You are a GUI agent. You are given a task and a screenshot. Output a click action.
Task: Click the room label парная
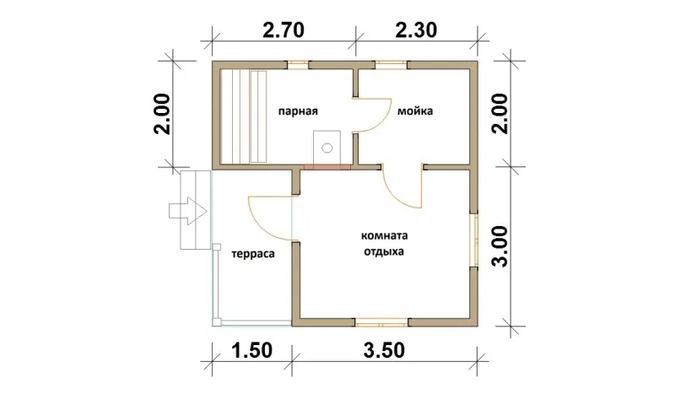(x=298, y=111)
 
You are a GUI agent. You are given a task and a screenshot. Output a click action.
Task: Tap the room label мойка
(x=415, y=111)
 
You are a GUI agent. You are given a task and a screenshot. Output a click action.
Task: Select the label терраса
(x=253, y=254)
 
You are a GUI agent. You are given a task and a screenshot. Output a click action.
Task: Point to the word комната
(x=385, y=236)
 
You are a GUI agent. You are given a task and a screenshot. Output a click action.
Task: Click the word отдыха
(x=384, y=251)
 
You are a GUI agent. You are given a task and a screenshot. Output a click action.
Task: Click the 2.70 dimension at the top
(x=283, y=30)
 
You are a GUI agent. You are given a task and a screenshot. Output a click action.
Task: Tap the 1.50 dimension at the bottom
(x=251, y=350)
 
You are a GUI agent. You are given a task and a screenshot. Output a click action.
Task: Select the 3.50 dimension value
(x=384, y=350)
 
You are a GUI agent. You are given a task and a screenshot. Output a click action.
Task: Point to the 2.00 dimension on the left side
(x=164, y=114)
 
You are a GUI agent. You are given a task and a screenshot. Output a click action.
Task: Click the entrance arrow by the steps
(x=188, y=211)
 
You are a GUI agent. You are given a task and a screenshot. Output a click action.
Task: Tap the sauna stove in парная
(x=327, y=148)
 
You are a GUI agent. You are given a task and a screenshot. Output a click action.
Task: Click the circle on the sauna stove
(x=327, y=148)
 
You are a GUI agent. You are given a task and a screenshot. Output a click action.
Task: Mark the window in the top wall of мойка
(x=391, y=65)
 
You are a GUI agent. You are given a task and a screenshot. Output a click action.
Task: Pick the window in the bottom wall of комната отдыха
(x=381, y=322)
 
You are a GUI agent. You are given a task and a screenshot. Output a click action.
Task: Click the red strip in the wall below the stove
(x=327, y=167)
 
